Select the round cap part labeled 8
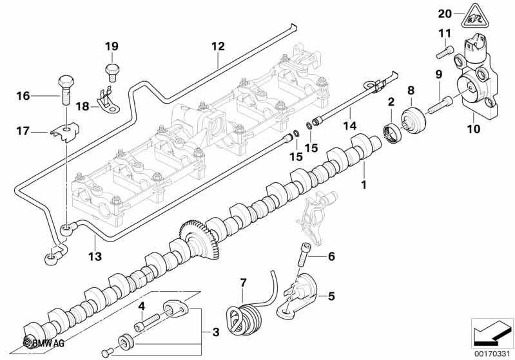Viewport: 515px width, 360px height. pyautogui.click(x=414, y=122)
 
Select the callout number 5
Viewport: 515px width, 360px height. pyautogui.click(x=331, y=297)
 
